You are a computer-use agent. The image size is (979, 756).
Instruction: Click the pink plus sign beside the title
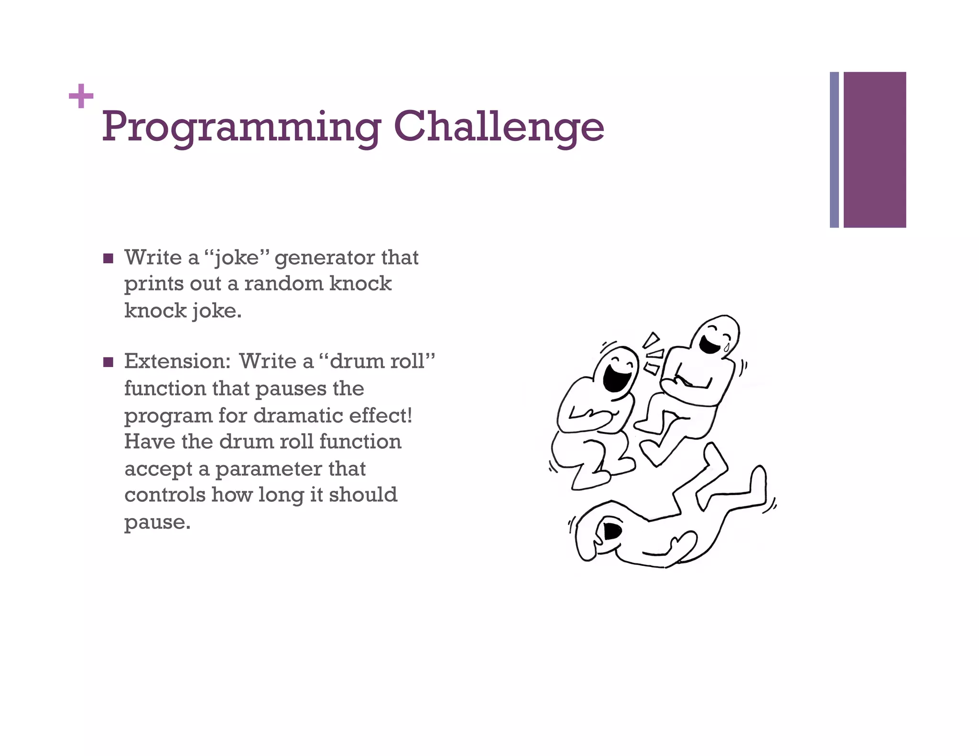81,96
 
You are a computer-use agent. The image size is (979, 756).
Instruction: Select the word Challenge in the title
499,127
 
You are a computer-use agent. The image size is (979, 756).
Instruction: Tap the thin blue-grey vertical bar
834,150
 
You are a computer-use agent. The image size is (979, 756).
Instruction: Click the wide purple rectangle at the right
874,150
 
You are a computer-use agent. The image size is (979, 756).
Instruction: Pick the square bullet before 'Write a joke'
109,259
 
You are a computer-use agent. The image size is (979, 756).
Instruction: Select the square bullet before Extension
109,362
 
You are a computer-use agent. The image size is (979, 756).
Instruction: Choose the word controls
165,495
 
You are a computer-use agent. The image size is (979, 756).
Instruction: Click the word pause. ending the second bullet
157,522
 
